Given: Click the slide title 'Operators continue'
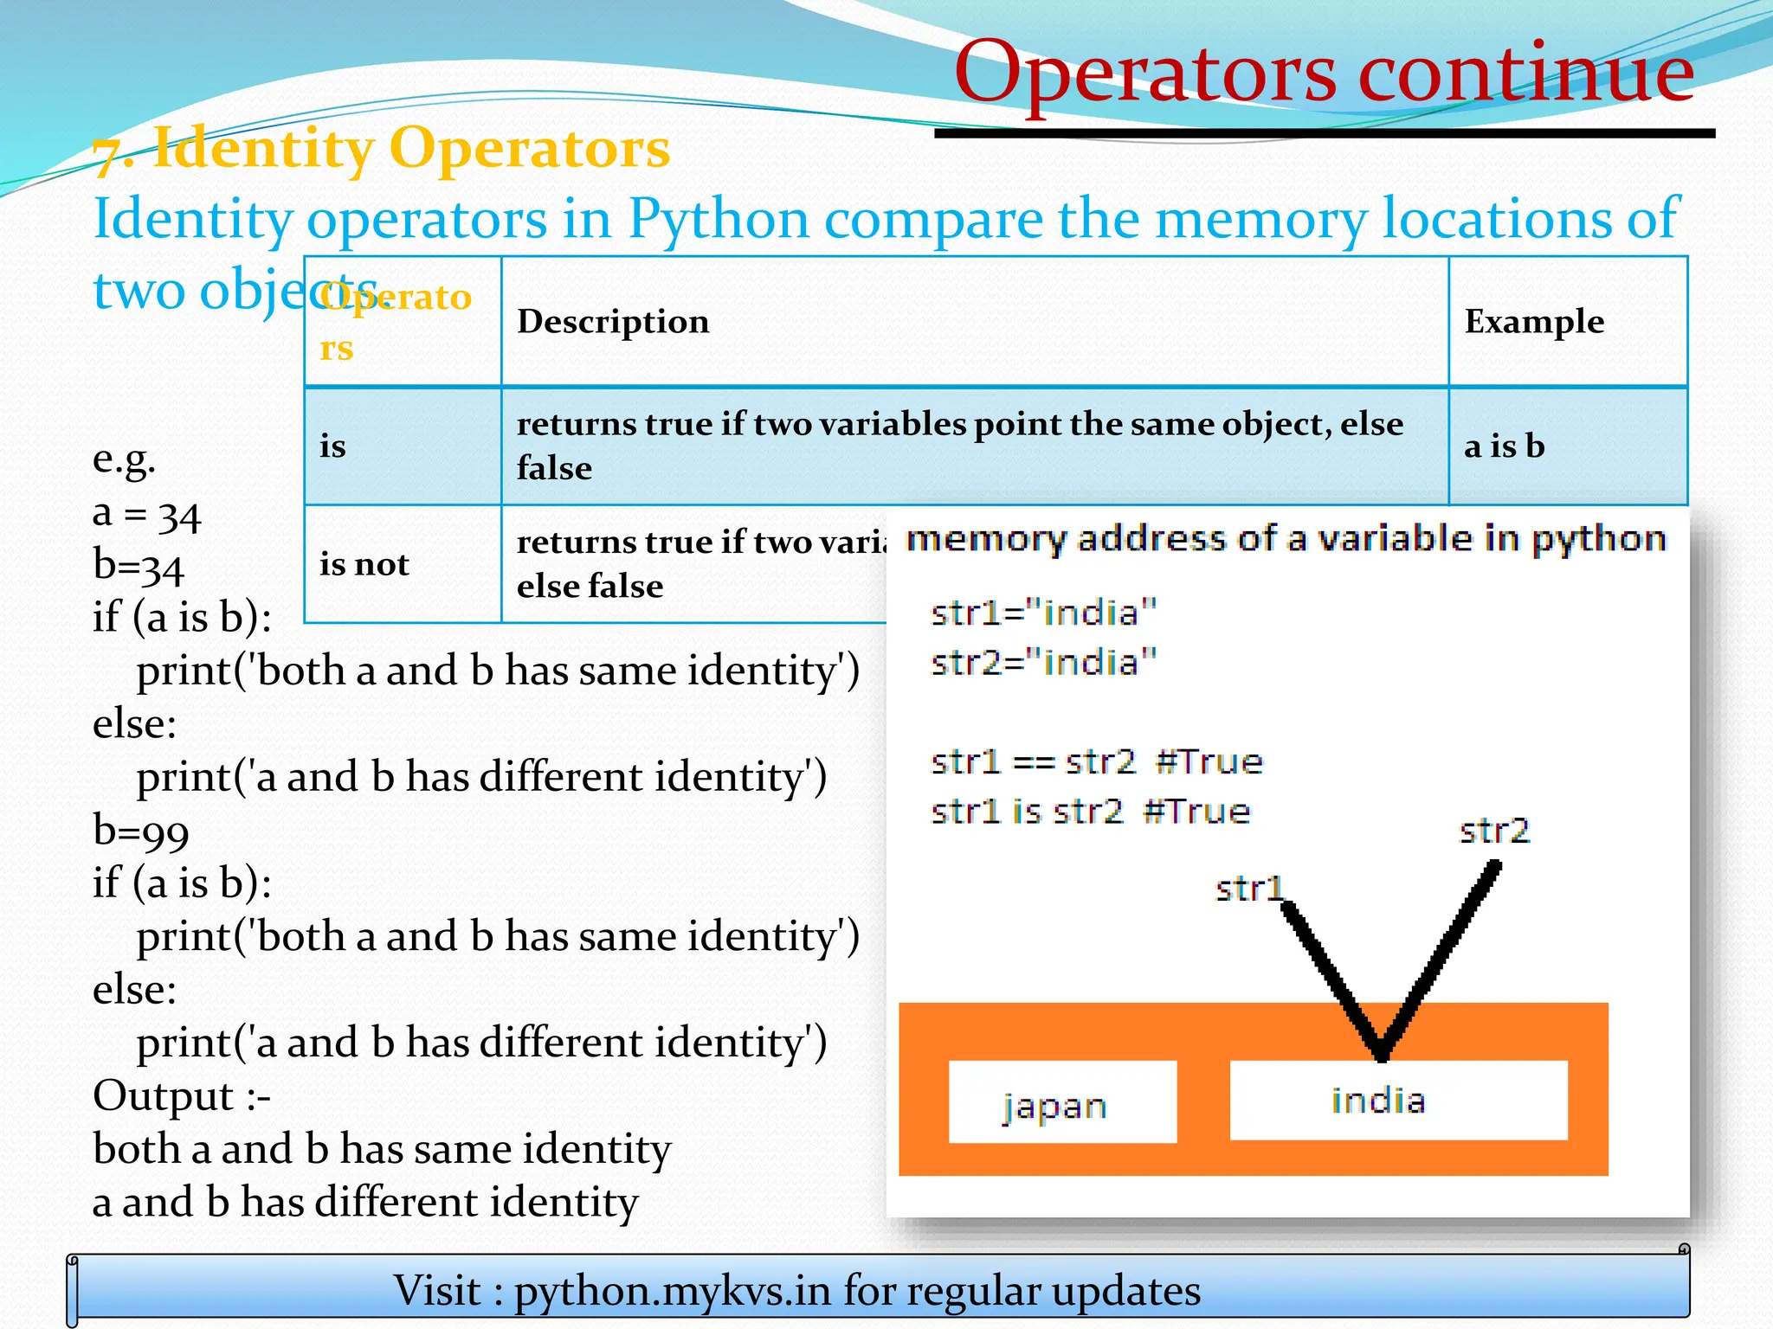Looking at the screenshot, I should coord(1324,73).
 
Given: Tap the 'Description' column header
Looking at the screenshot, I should coord(613,322).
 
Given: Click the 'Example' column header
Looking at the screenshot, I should coord(1534,322).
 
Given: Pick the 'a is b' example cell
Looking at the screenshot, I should coord(1505,446).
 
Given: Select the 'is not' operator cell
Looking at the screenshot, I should coord(364,564).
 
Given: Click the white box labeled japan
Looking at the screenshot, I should coord(1061,1103).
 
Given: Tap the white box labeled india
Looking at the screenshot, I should coord(1397,1101).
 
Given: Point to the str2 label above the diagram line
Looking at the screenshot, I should coord(1494,831).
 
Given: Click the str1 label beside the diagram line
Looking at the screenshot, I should coord(1248,889).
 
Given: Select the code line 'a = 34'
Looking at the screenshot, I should coord(146,515).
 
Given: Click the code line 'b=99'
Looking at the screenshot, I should coord(141,831).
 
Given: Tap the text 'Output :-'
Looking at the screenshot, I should coord(182,1096).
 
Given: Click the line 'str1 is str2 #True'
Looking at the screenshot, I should coord(1090,812).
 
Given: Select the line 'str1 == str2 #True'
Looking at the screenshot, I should coord(1096,762).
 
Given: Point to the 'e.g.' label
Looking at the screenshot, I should coord(124,459).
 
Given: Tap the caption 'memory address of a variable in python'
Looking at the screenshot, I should coord(1286,539).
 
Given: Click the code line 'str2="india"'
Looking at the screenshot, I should coord(1043,663).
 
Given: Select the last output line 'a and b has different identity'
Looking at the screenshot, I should coord(365,1203).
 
